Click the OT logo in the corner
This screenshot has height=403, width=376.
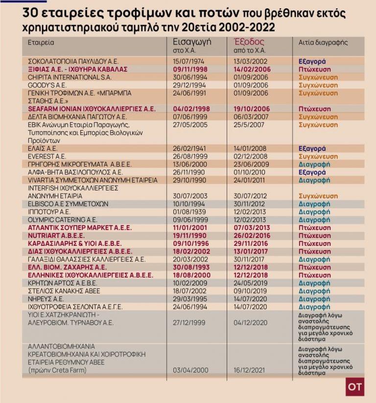click(x=355, y=386)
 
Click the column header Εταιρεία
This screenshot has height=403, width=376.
click(x=41, y=43)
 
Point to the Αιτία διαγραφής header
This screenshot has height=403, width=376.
click(x=324, y=43)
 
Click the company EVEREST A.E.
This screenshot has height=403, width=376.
click(x=47, y=156)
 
